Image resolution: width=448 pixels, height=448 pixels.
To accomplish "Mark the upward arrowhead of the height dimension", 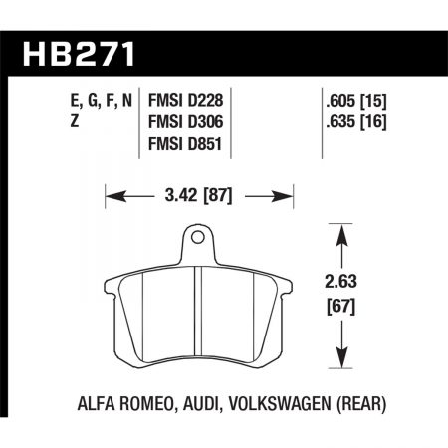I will click(342, 231).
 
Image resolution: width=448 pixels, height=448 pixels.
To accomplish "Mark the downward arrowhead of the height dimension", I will click(342, 366).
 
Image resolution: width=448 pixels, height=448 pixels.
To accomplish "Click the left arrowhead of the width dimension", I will click(111, 196).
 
